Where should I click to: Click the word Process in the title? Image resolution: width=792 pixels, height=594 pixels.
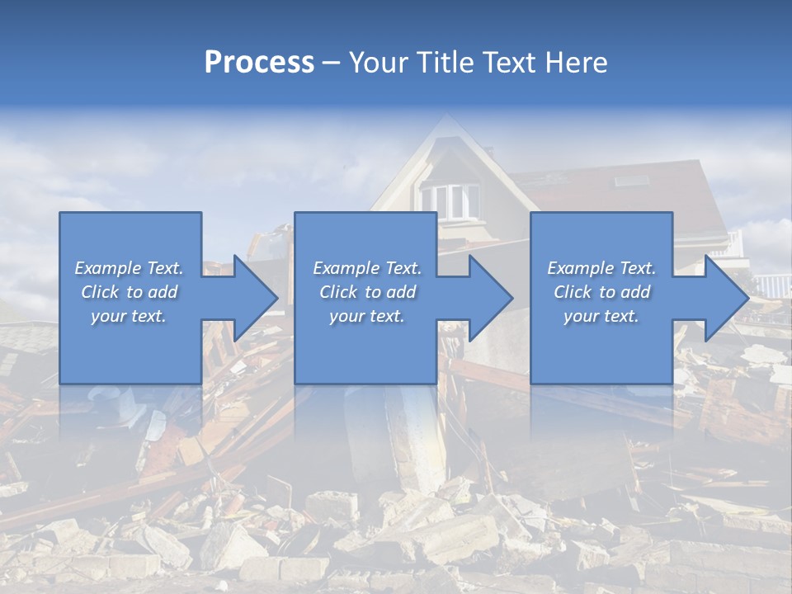(x=259, y=63)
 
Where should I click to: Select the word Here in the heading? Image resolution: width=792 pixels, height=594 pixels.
(x=575, y=63)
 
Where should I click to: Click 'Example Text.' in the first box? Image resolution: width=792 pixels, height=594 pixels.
(x=129, y=268)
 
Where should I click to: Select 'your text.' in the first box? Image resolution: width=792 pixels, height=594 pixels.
(x=129, y=316)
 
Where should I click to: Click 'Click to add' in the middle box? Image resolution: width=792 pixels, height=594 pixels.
(x=367, y=292)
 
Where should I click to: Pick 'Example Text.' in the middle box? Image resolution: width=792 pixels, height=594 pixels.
(x=367, y=268)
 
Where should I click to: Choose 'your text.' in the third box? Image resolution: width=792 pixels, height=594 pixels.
(x=601, y=316)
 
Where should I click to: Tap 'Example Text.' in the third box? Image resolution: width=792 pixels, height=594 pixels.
(x=601, y=268)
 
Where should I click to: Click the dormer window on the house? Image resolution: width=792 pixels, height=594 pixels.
(x=450, y=200)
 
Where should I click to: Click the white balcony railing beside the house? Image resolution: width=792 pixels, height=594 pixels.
(x=771, y=285)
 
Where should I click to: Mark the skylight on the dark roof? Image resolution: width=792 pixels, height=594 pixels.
(x=629, y=181)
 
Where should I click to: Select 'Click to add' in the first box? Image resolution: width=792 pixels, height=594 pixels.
(x=129, y=292)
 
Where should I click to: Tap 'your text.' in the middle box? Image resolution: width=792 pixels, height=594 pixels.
(x=367, y=316)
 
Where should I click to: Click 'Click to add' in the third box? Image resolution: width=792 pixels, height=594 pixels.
(x=601, y=292)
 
